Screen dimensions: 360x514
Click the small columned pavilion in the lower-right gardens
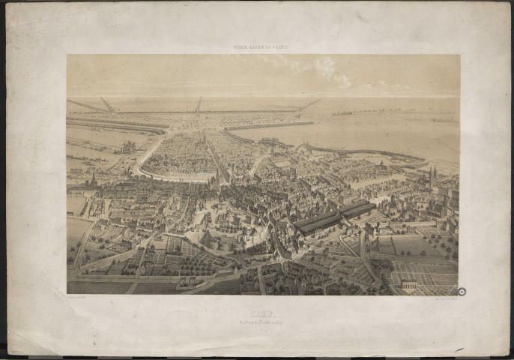(x=409, y=285)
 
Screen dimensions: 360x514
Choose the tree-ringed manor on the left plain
(x=127, y=145)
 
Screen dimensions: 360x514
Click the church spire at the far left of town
(x=92, y=180)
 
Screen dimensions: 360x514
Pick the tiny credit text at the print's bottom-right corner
(x=438, y=296)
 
